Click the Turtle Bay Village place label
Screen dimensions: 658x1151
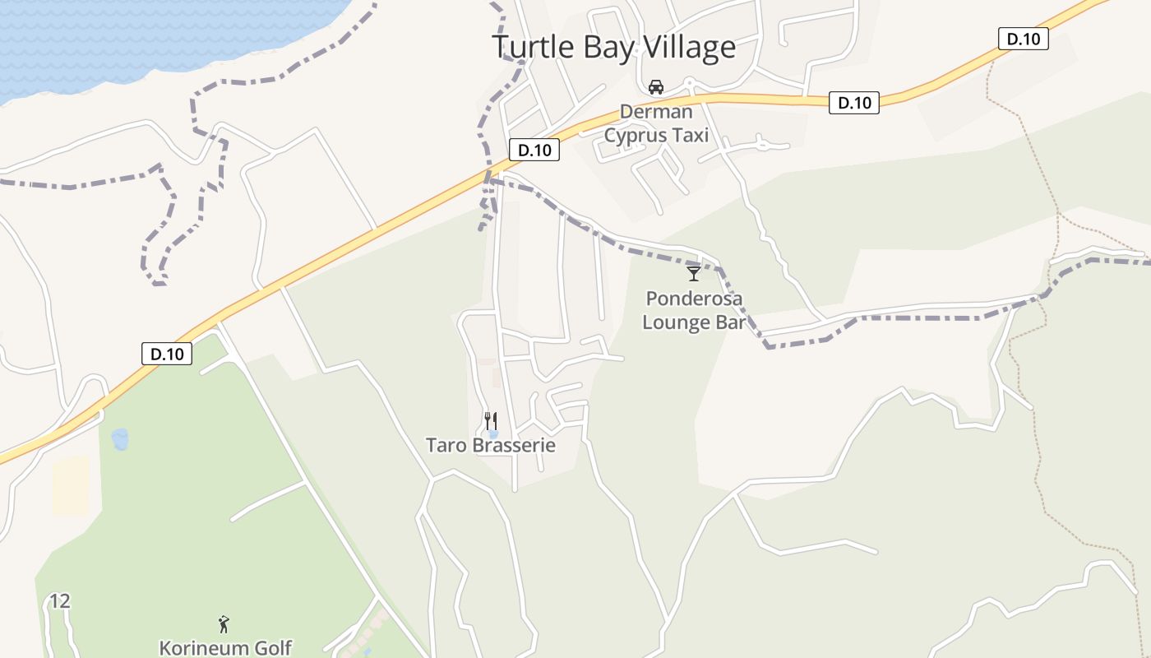pos(613,47)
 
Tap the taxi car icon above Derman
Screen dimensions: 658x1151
pos(656,87)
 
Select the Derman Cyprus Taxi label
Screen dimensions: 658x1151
pos(656,123)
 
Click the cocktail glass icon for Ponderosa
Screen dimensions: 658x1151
pos(694,273)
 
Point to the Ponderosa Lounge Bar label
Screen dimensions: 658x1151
pos(694,310)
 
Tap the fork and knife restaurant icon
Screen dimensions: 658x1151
pos(490,421)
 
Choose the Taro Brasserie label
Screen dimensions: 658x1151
pos(491,446)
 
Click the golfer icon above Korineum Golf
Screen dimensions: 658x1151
pos(224,624)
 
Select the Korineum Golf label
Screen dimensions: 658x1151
pos(225,648)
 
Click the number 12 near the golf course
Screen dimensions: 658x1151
pos(59,601)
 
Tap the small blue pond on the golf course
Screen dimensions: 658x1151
pos(120,439)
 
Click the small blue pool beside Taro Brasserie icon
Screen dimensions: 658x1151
pos(493,434)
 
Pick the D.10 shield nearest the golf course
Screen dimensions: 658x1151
pos(167,354)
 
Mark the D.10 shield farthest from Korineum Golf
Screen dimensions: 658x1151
pos(1023,39)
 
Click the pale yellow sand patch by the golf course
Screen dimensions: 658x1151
pos(71,485)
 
